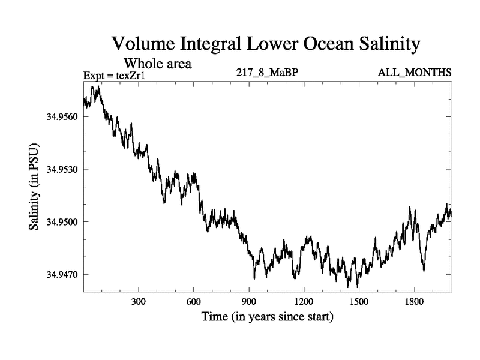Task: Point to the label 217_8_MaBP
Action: [x=267, y=73]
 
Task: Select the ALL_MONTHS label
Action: [x=415, y=73]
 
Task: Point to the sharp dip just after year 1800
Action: [x=424, y=270]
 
